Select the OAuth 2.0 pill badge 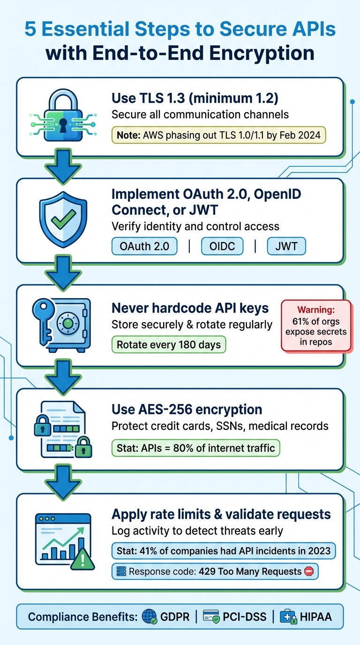(144, 246)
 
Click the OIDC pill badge (222, 246)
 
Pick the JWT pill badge (286, 246)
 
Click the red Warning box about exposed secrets (316, 325)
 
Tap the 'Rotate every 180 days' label (168, 345)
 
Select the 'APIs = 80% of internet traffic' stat (195, 448)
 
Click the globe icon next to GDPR (149, 617)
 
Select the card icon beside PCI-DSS (211, 617)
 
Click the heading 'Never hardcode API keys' (190, 308)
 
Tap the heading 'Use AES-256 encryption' (187, 409)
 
